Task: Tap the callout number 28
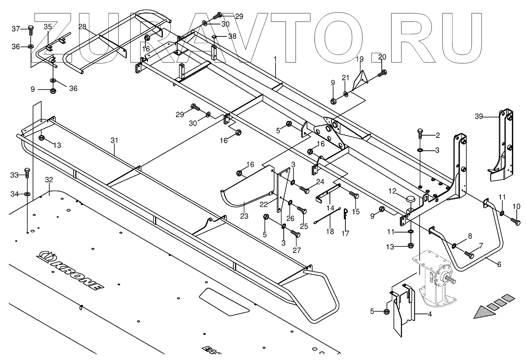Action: [x=82, y=26]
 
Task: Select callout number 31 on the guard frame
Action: [x=114, y=141]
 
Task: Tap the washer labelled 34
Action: [x=27, y=193]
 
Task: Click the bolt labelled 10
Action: [x=516, y=221]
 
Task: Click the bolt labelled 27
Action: [x=295, y=234]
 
